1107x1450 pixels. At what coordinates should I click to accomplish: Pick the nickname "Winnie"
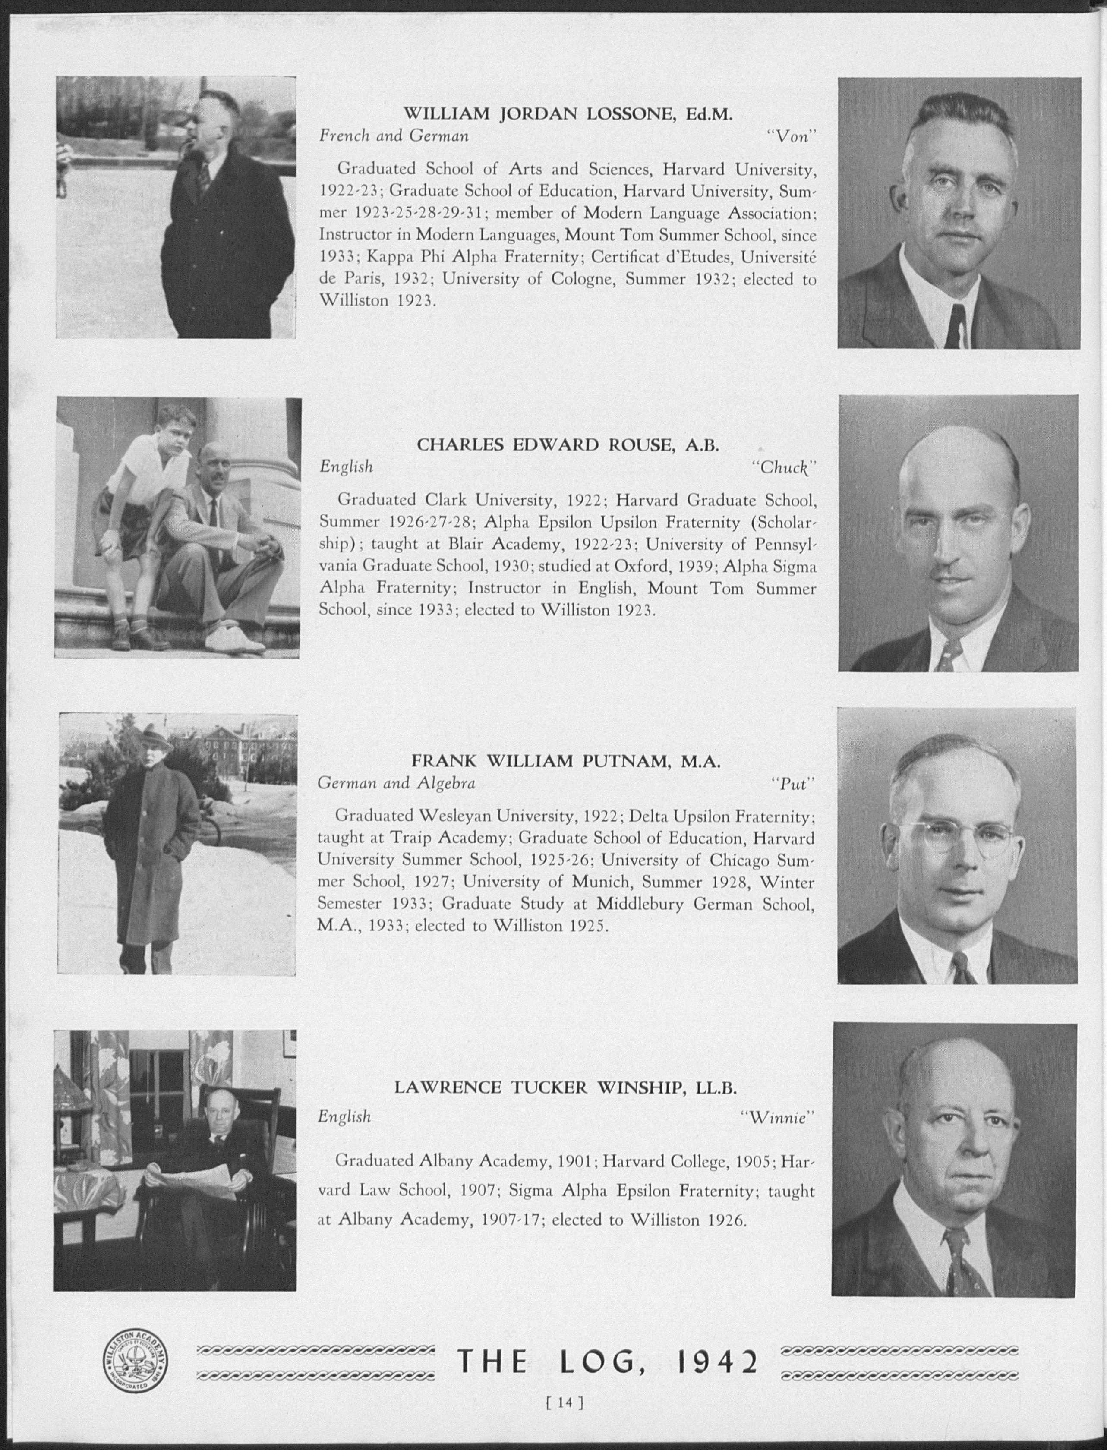[778, 1117]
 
